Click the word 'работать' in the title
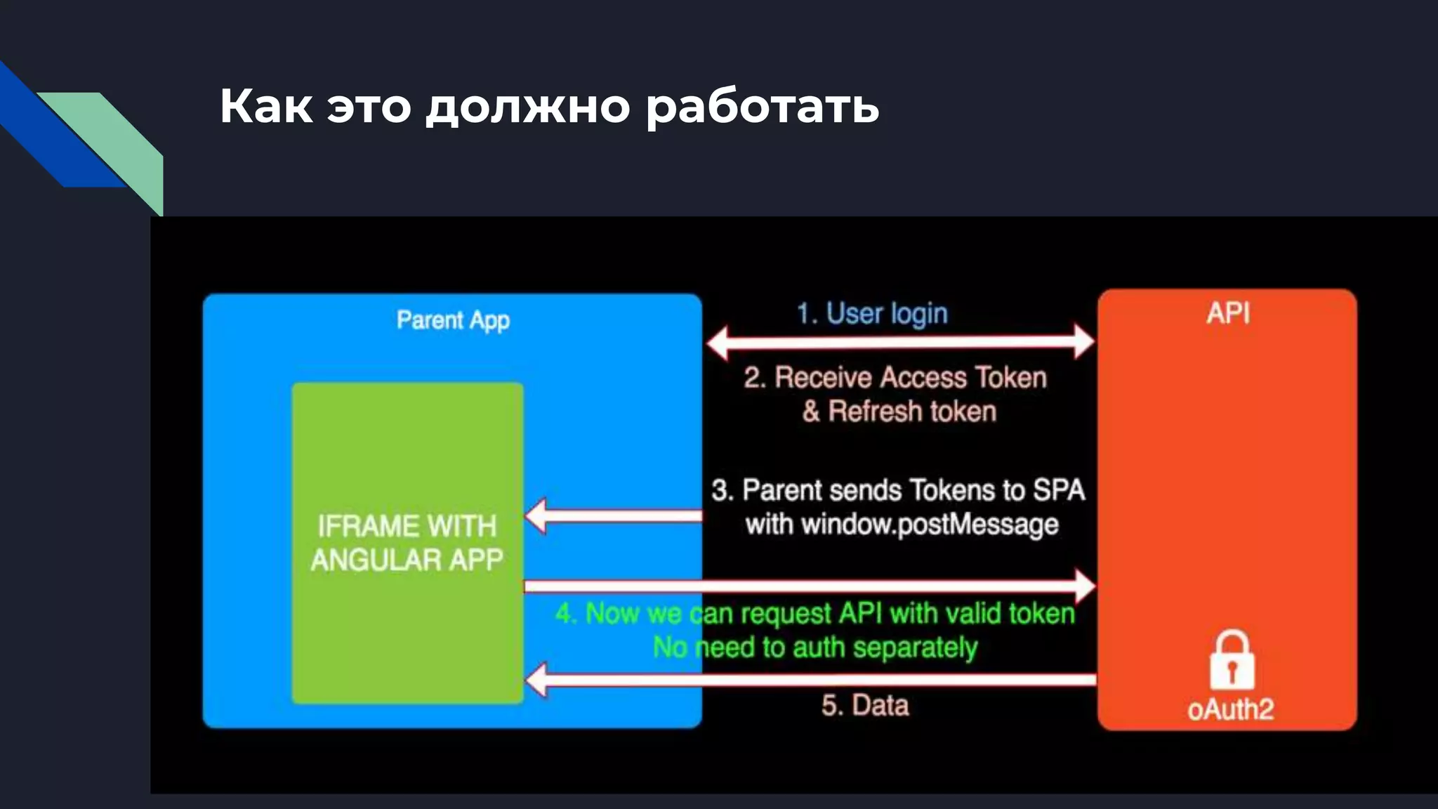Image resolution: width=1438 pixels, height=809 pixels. pyautogui.click(x=763, y=107)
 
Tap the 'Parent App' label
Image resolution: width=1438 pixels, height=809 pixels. pyautogui.click(x=453, y=320)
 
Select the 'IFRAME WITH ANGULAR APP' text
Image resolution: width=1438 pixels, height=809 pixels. pyautogui.click(x=407, y=543)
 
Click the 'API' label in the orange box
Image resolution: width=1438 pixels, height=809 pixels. pyautogui.click(x=1228, y=313)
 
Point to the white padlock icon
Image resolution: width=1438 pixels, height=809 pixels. pyautogui.click(x=1232, y=659)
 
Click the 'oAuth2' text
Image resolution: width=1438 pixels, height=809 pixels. pyautogui.click(x=1230, y=709)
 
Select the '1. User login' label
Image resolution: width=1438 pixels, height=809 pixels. pyautogui.click(x=872, y=314)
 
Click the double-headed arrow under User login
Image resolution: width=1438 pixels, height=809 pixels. pyautogui.click(x=900, y=343)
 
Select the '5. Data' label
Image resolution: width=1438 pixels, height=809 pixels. pyautogui.click(x=865, y=705)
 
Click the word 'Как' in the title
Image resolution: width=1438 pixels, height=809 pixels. pyautogui.click(x=266, y=107)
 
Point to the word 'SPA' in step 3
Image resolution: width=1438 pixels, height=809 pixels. pyautogui.click(x=1058, y=490)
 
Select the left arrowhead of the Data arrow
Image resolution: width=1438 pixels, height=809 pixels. pyautogui.click(x=537, y=680)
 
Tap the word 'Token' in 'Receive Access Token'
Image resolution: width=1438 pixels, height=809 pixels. pyautogui.click(x=1011, y=378)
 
